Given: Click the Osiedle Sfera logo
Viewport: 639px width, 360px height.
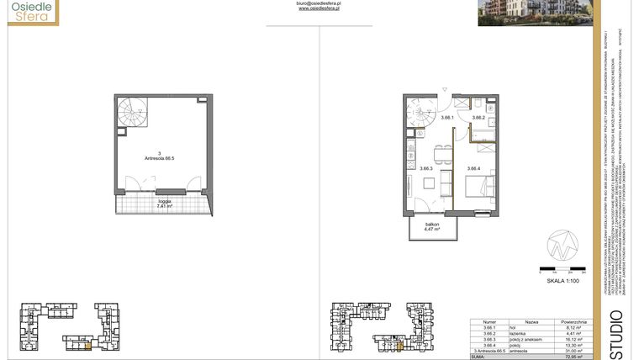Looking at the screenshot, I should point(29,11).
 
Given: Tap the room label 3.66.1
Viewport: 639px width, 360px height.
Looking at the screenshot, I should point(447,119).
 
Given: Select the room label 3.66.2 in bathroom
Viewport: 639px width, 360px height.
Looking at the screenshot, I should point(478,119).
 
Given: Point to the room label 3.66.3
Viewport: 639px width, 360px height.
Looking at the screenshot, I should point(426,168).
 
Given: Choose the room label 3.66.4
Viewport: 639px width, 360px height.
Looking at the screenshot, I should point(473,168).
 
